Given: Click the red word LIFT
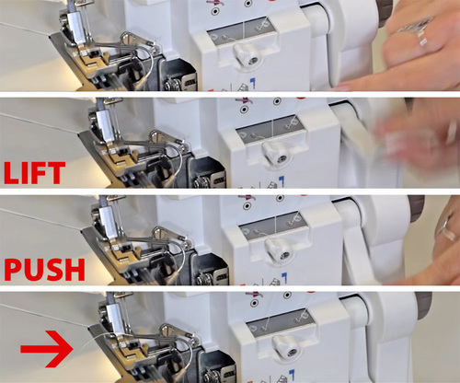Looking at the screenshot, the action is coord(34,173).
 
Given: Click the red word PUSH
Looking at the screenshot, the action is coord(44,270).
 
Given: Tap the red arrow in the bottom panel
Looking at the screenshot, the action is coord(47,349).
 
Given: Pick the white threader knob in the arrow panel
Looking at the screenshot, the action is coord(287,347).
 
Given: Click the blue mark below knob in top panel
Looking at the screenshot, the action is coord(253,83).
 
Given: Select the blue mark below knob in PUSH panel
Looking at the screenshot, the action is coord(284,277).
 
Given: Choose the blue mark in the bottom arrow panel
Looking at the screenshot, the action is coord(292,375).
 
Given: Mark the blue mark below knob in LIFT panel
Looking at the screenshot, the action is coord(281,181).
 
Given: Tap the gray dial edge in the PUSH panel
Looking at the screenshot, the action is coord(418,209).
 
